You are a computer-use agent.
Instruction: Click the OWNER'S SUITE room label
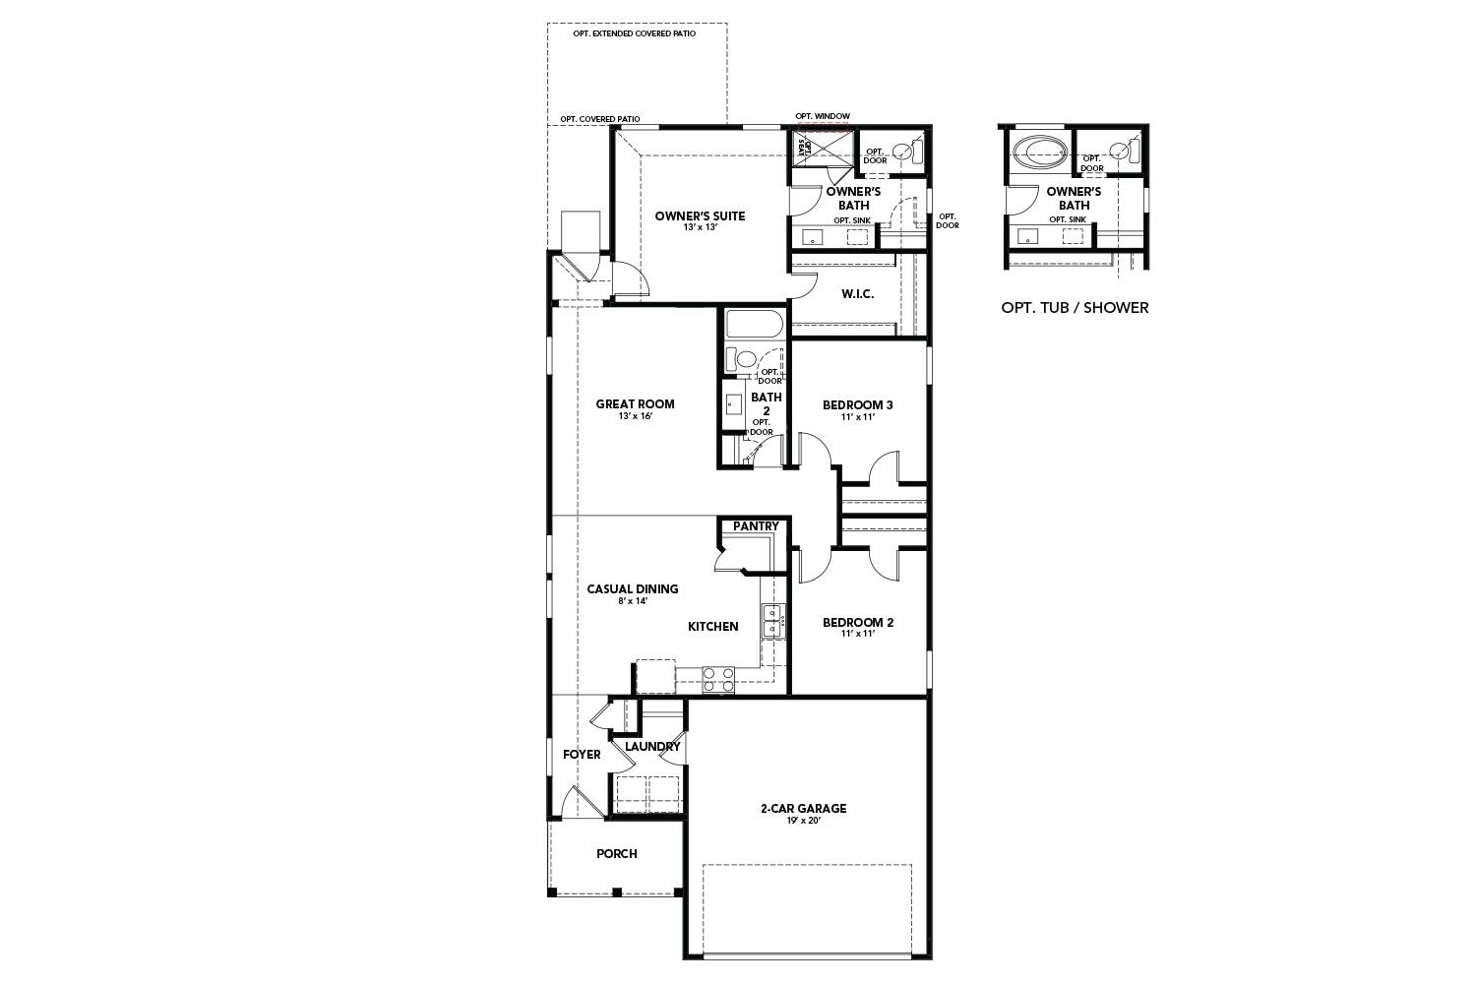[700, 216]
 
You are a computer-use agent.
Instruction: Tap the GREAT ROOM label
[635, 403]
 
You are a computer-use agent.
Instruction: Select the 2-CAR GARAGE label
[803, 809]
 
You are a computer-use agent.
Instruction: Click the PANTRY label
[756, 526]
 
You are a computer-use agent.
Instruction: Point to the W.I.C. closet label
[857, 294]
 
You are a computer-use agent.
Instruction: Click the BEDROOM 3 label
[857, 404]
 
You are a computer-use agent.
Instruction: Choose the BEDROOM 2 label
[857, 622]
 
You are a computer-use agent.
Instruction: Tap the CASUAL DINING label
[633, 589]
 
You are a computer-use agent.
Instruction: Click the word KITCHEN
[712, 627]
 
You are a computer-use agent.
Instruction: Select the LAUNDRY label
[652, 746]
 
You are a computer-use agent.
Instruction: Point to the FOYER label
[582, 755]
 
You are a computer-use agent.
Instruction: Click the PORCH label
[617, 854]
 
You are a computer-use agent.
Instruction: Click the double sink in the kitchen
[773, 622]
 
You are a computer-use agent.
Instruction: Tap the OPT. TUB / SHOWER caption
[1075, 308]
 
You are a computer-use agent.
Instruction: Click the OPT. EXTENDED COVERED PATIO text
[635, 33]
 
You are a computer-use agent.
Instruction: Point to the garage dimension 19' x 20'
[803, 821]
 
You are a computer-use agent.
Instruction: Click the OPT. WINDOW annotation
[823, 116]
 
